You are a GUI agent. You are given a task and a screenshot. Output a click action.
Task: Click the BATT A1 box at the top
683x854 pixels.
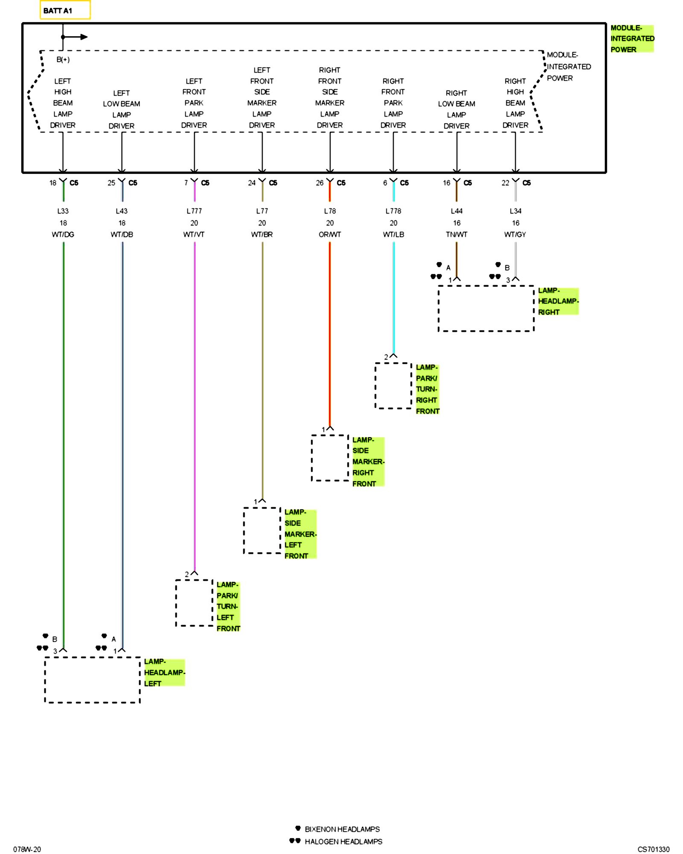click(65, 10)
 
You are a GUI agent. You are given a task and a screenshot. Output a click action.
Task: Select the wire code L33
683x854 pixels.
click(63, 211)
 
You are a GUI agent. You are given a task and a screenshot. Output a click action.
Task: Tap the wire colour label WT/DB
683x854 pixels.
click(122, 234)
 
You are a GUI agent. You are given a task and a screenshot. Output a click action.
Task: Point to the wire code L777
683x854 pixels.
click(194, 211)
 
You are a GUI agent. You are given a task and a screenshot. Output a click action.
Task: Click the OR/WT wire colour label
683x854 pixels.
click(330, 234)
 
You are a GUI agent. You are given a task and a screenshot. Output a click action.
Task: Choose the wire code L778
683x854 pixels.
click(393, 211)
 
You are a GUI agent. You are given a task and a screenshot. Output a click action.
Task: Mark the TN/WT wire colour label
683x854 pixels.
click(457, 234)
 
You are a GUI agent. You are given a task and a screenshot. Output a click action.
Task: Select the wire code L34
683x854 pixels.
click(516, 211)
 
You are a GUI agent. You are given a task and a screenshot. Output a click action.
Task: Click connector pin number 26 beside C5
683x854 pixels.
click(320, 183)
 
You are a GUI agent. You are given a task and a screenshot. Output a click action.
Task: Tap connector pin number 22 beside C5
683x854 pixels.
click(505, 183)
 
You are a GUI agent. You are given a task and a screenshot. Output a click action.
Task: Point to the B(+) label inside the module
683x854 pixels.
click(63, 59)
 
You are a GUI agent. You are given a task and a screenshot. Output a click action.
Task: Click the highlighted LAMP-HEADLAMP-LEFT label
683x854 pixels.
click(164, 673)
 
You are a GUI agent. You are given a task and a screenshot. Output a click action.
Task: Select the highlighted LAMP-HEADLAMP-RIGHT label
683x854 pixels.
click(558, 301)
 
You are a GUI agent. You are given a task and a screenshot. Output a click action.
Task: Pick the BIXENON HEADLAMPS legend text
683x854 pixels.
click(342, 829)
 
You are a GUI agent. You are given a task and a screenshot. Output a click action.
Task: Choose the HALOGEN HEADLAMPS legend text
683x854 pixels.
click(344, 842)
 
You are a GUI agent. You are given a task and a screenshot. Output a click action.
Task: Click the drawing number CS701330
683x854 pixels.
click(654, 849)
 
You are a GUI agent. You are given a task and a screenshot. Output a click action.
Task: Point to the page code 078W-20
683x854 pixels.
click(27, 849)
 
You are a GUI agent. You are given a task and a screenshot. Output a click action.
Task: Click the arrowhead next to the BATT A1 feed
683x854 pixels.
click(84, 37)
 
